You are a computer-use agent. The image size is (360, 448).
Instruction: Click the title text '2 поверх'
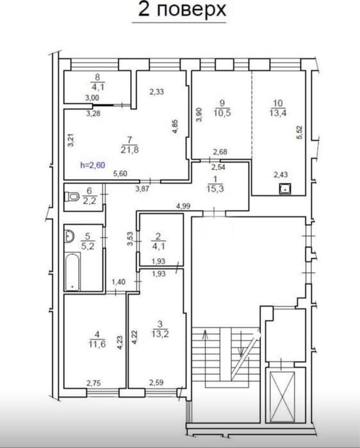click(x=182, y=10)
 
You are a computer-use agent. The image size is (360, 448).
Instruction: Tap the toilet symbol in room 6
click(x=72, y=196)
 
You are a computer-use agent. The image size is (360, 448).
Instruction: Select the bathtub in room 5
click(x=72, y=271)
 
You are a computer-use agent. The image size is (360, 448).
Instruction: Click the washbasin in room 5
click(x=69, y=236)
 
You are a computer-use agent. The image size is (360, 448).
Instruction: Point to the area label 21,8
click(x=129, y=149)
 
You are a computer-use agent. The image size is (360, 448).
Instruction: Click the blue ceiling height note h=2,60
click(x=93, y=165)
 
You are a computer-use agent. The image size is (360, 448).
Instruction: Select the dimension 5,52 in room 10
click(x=299, y=132)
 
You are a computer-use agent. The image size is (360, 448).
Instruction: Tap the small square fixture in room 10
click(x=285, y=189)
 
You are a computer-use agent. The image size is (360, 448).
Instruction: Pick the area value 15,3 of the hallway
click(x=215, y=189)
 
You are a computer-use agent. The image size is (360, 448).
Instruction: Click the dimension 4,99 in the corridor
click(x=183, y=205)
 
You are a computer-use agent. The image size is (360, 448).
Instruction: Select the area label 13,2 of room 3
click(x=160, y=333)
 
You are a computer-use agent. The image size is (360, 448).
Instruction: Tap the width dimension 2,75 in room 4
click(x=94, y=383)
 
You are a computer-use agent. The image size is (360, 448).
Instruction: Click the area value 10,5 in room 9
click(x=222, y=113)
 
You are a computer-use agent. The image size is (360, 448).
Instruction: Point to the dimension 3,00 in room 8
click(x=92, y=98)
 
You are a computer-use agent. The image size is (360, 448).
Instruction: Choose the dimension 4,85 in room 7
click(x=175, y=126)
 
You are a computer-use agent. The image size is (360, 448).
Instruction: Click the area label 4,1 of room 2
click(x=158, y=246)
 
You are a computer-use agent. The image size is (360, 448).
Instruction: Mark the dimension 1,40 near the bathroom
click(x=119, y=282)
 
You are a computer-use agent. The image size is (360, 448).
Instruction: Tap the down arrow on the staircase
click(x=241, y=344)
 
